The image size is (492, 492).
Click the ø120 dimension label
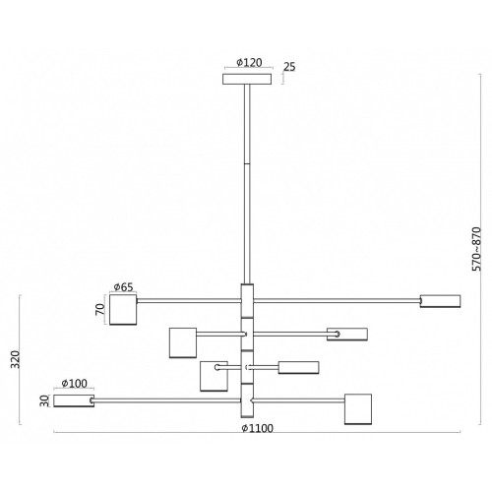point(249,62)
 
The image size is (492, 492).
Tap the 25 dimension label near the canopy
point(289,67)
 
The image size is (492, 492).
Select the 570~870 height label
point(476,249)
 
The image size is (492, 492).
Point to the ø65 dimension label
point(123,287)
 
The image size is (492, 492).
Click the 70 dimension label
point(100,309)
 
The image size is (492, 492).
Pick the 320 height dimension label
point(15,359)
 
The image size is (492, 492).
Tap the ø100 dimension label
point(75,383)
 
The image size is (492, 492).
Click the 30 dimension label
point(44,400)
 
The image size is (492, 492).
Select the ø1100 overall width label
point(258,428)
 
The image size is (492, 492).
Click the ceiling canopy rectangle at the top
point(247,79)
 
